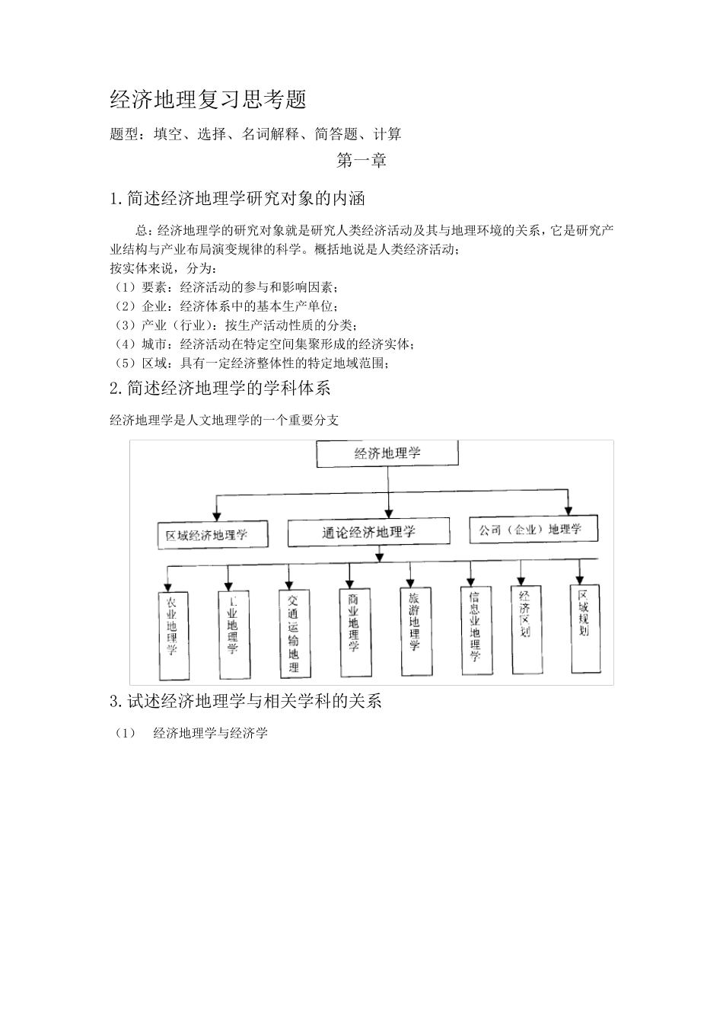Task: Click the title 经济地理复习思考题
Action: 208,100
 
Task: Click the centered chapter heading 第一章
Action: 361,161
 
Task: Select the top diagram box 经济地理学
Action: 387,453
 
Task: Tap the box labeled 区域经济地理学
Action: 212,535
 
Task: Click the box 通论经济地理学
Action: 368,533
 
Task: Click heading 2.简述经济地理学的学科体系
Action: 221,388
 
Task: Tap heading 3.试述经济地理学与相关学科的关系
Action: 246,701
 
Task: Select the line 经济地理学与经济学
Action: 211,734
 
